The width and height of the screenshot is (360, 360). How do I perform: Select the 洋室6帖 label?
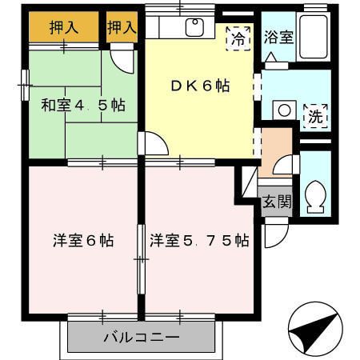(83, 238)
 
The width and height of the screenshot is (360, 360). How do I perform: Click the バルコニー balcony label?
(141, 337)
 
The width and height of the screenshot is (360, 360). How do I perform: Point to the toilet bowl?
(315, 194)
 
